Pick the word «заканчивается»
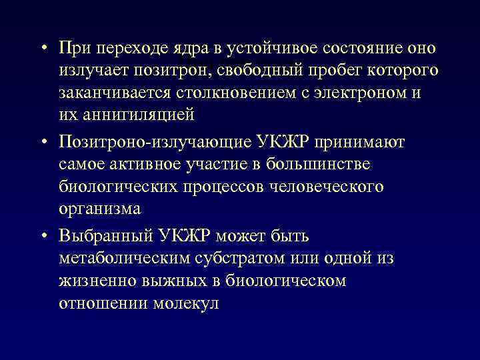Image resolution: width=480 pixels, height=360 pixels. [x=117, y=93]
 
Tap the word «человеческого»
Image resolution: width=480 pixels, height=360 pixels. [x=326, y=186]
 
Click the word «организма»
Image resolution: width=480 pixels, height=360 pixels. [x=99, y=208]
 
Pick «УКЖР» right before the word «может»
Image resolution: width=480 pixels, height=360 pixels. [x=193, y=237]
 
